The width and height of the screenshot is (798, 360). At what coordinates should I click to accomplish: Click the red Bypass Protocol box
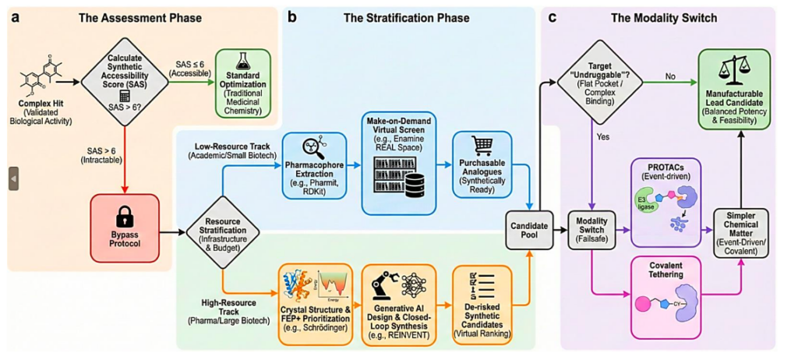pyautogui.click(x=125, y=227)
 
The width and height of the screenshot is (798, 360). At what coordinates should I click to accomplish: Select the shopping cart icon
pyautogui.click(x=482, y=149)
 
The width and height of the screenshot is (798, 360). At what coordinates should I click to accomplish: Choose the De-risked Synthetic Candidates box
pyautogui.click(x=482, y=305)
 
